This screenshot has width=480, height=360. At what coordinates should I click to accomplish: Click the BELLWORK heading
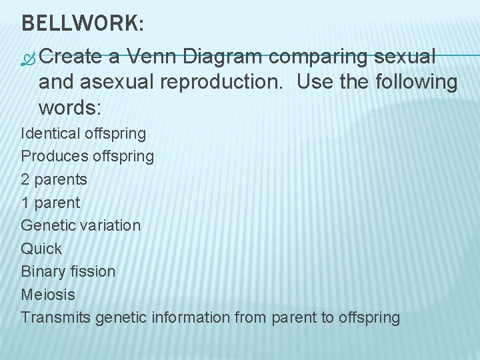(x=82, y=23)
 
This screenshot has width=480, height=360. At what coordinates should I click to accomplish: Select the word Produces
(x=54, y=157)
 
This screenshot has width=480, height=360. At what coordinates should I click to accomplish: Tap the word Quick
(x=41, y=249)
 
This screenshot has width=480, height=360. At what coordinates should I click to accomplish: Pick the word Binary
(x=42, y=271)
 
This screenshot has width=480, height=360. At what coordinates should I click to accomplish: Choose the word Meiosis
(x=48, y=294)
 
